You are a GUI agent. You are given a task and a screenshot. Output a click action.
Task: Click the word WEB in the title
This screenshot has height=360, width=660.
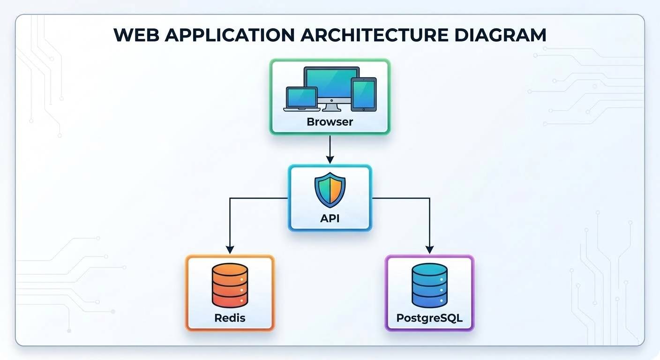coord(136,35)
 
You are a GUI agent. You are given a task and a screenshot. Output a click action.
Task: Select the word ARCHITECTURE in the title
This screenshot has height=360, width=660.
coord(374,35)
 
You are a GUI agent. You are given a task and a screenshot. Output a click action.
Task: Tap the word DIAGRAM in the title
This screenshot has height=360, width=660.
coord(500,35)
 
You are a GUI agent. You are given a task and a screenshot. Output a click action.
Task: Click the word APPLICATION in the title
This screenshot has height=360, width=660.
coord(230,35)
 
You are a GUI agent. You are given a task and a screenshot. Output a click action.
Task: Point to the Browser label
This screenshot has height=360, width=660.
coord(330,122)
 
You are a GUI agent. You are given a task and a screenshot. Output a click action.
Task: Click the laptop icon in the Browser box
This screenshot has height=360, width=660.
coord(302,99)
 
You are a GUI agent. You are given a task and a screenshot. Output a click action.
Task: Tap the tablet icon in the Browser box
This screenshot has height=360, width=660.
coord(364,94)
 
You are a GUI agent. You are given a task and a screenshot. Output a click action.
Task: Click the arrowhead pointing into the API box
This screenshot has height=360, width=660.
coord(330,159)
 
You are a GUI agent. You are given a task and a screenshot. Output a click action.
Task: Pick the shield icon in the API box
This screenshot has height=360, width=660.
coord(330,190)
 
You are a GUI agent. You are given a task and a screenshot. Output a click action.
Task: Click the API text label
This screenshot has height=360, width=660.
coord(330,218)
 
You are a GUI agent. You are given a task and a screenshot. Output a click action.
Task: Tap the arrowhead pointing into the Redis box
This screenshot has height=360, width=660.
coord(230,249)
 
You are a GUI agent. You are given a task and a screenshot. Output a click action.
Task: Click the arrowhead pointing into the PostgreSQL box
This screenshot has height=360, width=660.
coord(429,249)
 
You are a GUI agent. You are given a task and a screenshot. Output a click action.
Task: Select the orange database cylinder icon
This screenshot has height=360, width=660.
coord(230,285)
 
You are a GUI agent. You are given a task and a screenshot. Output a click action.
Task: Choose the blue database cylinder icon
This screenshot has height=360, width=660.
coord(429,285)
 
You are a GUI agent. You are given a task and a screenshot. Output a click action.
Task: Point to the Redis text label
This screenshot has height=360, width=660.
coord(230,318)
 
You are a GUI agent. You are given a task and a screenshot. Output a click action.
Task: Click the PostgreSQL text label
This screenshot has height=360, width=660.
coord(429,318)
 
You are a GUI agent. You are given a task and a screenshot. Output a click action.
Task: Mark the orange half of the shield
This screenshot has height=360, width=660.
coord(337,189)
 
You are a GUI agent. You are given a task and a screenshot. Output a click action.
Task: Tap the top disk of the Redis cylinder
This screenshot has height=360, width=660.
coord(230,270)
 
